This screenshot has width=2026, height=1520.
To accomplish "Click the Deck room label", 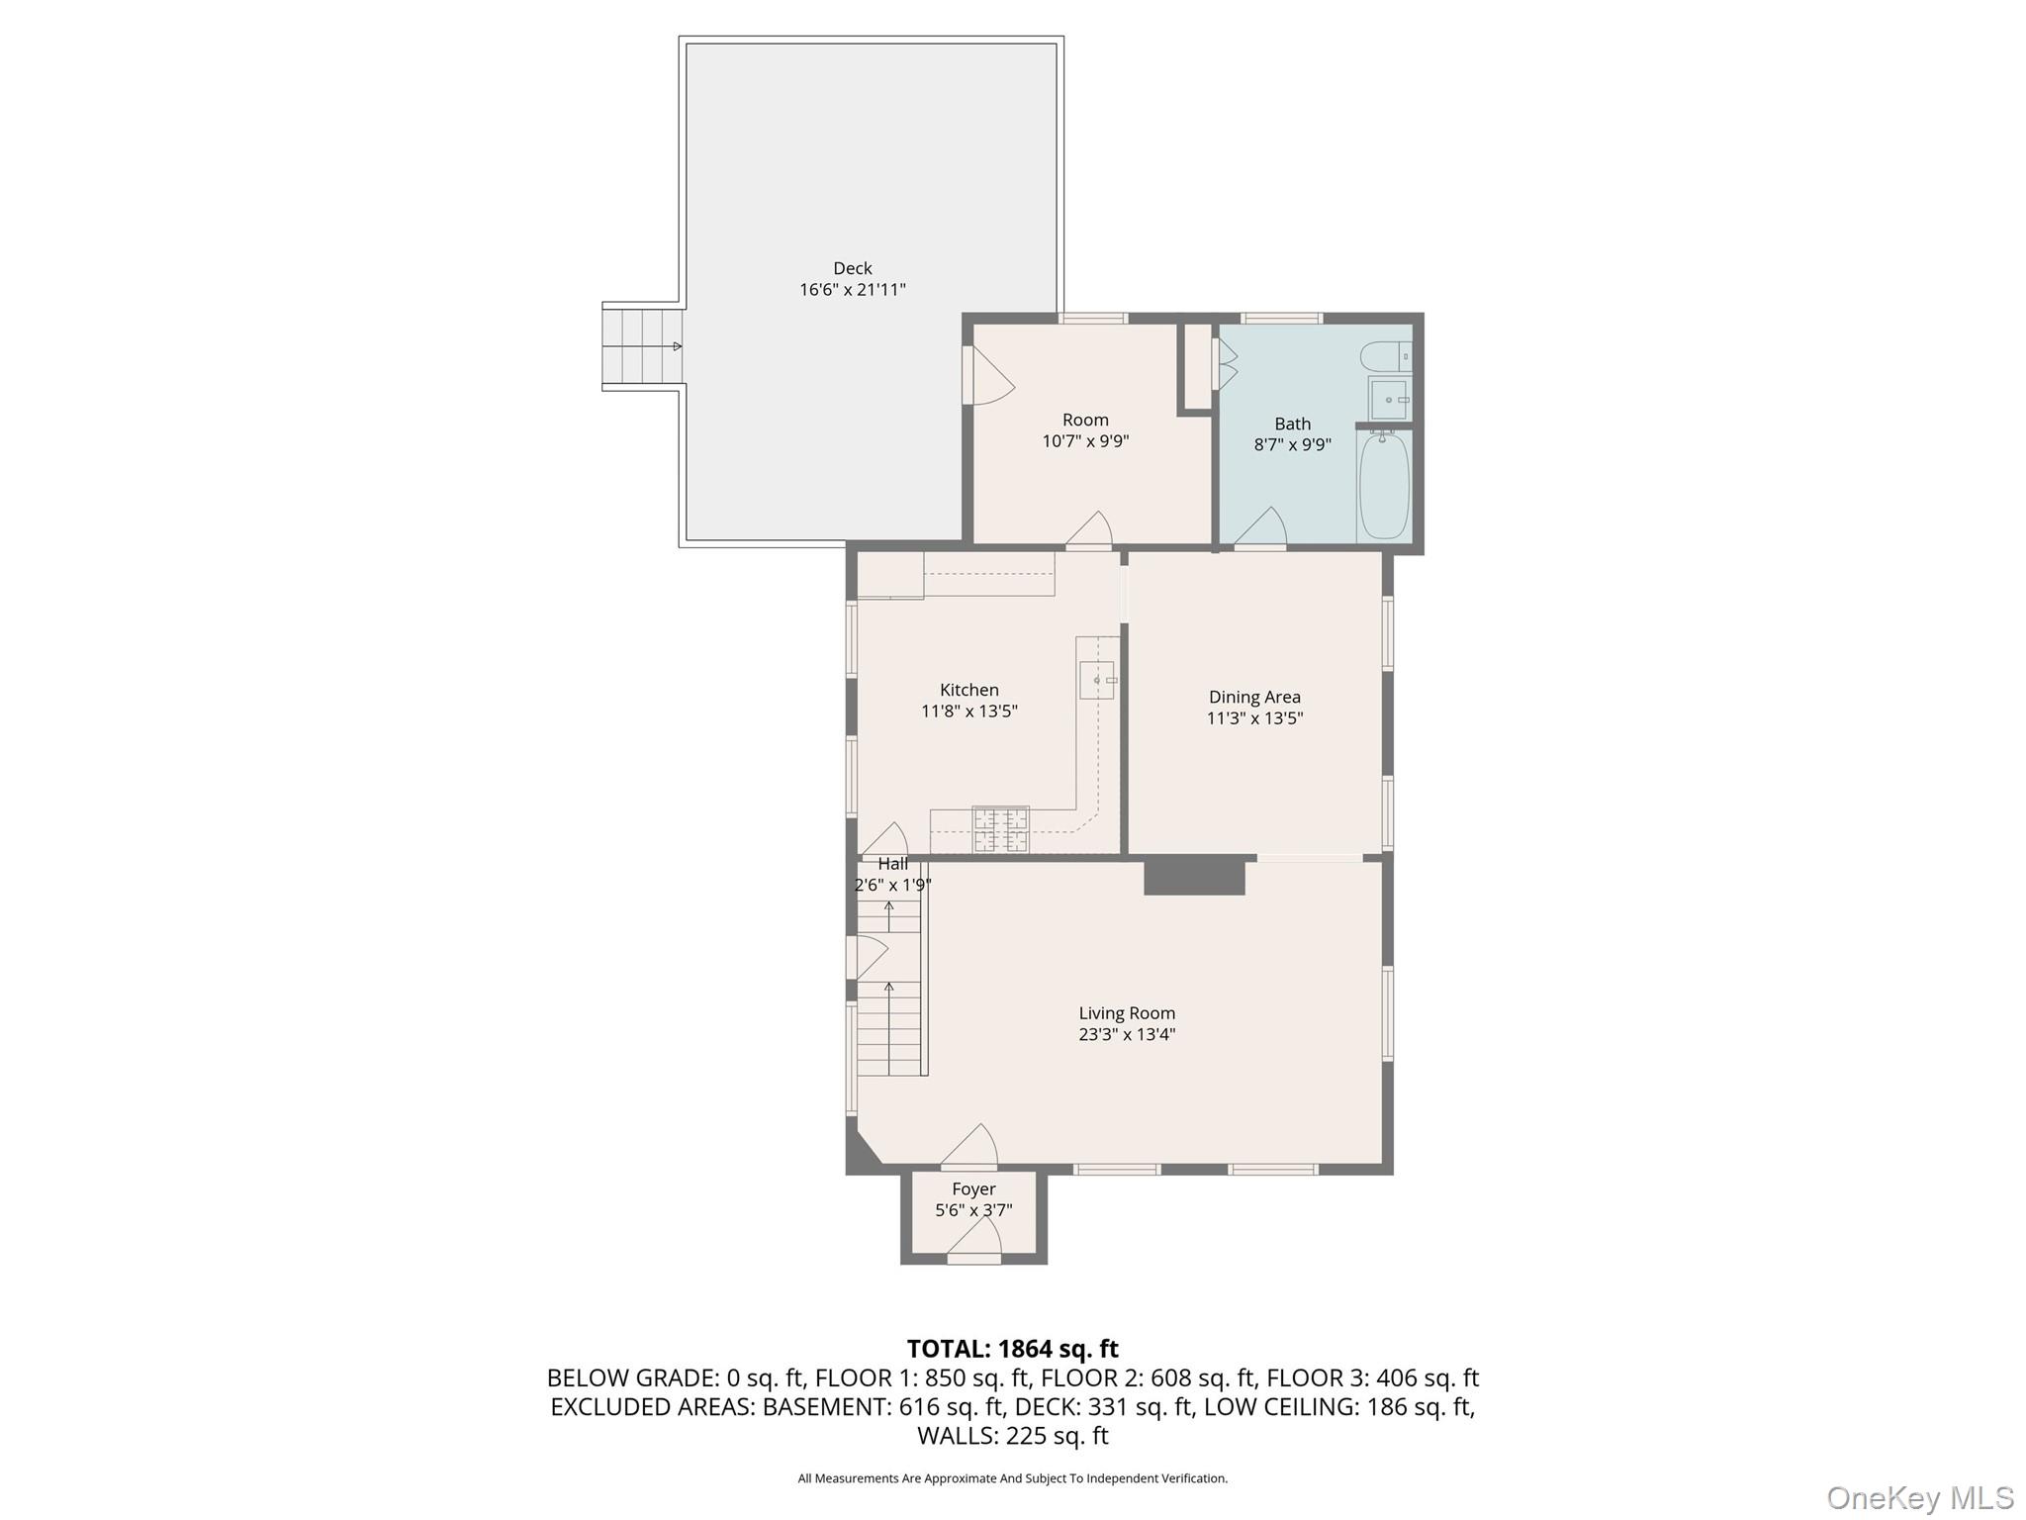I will click(852, 268).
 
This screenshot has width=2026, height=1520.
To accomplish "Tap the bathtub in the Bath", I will click(1384, 486).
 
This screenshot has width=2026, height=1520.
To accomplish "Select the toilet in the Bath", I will click(1384, 354).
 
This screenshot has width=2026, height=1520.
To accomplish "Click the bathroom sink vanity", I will click(1389, 399).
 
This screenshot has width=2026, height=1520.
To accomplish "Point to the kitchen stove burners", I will click(1000, 829).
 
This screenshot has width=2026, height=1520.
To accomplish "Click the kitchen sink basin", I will click(1096, 680).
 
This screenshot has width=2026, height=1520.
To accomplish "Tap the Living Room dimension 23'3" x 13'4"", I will click(1127, 1034).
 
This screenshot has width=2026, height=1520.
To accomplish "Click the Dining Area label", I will click(1254, 697).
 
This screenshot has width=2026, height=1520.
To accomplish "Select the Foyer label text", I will click(973, 1188).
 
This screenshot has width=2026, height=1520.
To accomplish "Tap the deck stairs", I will click(642, 346).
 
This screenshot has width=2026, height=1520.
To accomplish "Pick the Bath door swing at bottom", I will click(1262, 528).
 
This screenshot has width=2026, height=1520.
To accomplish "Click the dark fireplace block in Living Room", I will click(1194, 878).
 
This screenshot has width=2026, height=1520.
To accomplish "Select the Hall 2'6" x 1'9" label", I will click(892, 875).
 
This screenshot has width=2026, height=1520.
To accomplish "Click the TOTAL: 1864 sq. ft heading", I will click(1012, 1349).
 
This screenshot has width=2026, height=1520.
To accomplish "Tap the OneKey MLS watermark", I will click(1919, 1498).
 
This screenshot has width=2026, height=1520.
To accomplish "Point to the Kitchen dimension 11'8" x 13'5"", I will click(968, 711).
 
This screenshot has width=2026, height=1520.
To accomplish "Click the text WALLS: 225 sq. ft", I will click(1012, 1435).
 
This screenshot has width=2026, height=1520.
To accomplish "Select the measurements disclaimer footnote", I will click(1012, 1478).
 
